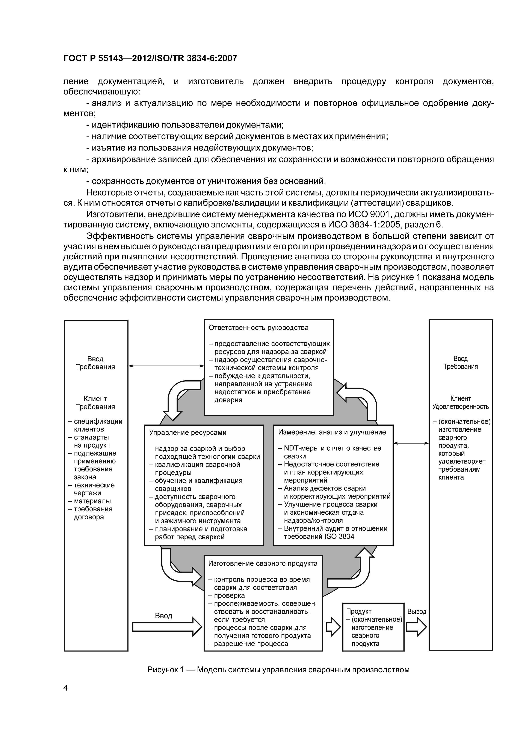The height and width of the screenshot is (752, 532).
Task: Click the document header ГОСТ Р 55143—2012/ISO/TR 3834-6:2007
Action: (150, 59)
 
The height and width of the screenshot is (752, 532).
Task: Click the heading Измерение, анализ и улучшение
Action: (332, 432)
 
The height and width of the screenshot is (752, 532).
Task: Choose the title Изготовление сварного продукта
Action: (263, 563)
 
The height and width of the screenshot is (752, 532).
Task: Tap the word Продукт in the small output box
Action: (359, 611)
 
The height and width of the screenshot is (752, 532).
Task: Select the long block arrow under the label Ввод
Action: (167, 627)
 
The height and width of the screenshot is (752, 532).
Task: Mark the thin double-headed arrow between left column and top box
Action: (166, 366)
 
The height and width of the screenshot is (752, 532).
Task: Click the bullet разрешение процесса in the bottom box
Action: (251, 644)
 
